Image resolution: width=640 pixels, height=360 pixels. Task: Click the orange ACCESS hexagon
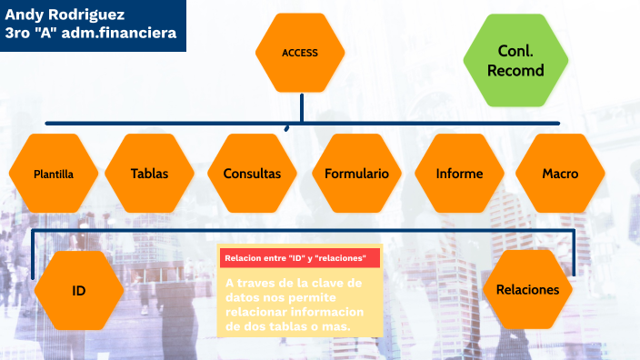[x=299, y=53]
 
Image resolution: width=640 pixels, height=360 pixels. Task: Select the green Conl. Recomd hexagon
[x=515, y=61]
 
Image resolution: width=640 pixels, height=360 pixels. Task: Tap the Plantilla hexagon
[x=53, y=174]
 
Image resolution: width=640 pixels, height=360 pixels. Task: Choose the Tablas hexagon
[x=149, y=173]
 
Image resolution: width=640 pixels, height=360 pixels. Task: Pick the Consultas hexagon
[x=252, y=173]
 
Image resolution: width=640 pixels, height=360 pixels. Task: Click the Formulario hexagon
[x=356, y=173]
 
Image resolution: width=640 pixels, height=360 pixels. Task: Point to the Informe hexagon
[x=459, y=173]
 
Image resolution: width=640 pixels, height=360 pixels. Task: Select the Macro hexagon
[x=560, y=173]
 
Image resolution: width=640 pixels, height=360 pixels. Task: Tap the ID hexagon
[x=79, y=290]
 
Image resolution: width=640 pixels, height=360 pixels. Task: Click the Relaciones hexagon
[x=527, y=290]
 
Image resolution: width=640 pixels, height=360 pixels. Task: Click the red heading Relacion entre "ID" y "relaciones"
[x=295, y=259]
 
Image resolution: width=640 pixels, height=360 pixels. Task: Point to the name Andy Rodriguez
[x=65, y=15]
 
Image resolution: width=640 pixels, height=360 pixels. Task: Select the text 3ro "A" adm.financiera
[x=90, y=34]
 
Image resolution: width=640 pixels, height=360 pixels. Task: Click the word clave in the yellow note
[x=327, y=284]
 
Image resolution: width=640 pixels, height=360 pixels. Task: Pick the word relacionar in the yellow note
[x=258, y=313]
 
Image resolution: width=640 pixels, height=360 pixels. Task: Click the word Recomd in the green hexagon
[x=515, y=70]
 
